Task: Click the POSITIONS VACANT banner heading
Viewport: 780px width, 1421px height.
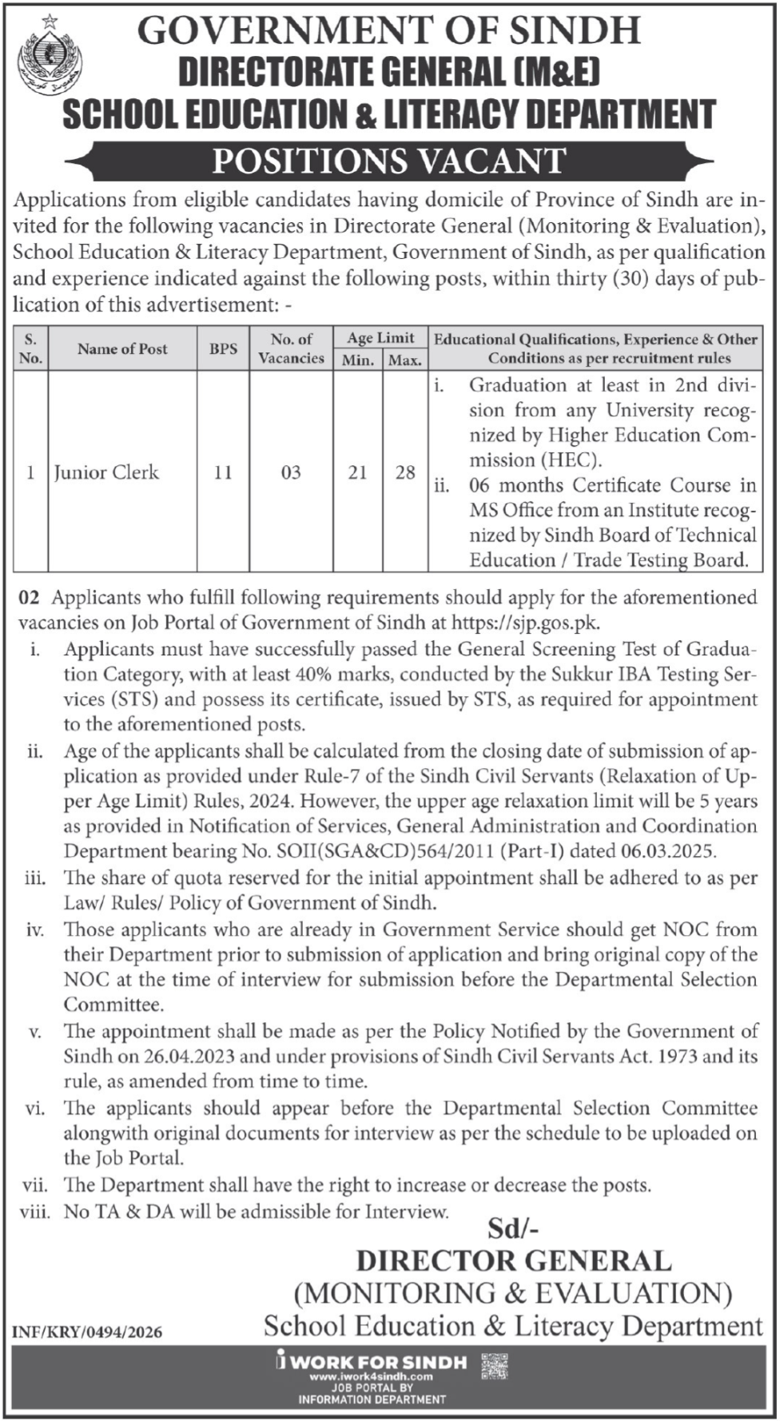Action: pos(389,161)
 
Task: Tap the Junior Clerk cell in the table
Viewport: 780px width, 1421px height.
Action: pos(106,472)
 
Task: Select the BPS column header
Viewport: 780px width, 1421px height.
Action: pos(223,348)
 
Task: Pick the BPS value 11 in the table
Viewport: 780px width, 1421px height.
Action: pos(222,472)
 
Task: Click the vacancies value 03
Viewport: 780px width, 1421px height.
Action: pos(291,472)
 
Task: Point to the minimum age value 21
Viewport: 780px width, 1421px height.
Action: pos(357,472)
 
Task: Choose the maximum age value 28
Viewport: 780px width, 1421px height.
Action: pos(405,472)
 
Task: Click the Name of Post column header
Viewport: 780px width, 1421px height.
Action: pos(122,348)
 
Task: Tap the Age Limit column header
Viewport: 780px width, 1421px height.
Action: pos(381,338)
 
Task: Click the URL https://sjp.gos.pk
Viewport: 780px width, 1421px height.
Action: pos(525,623)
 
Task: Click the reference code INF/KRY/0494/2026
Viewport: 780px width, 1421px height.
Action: pos(87,1332)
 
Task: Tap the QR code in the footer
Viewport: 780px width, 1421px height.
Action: pos(495,1367)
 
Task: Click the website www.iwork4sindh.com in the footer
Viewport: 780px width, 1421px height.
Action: pos(371,1377)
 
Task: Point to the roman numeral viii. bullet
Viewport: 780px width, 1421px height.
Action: pos(34,1212)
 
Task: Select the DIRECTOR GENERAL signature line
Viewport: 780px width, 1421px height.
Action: pos(513,1261)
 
